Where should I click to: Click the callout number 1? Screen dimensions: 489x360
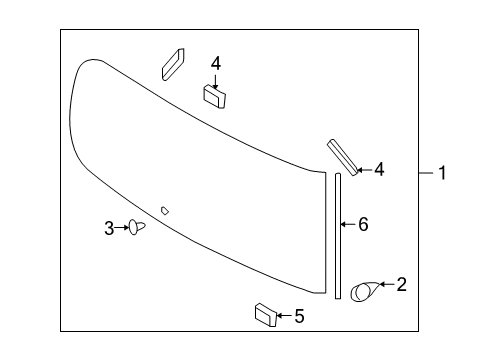pyautogui.click(x=442, y=173)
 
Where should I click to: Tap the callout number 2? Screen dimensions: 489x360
pyautogui.click(x=401, y=284)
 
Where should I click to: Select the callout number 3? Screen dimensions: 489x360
pyautogui.click(x=109, y=228)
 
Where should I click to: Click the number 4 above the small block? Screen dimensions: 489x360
pyautogui.click(x=215, y=62)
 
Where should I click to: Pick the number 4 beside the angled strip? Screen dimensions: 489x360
pyautogui.click(x=379, y=169)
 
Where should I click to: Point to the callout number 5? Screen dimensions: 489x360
pyautogui.click(x=299, y=317)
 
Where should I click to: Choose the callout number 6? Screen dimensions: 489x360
pyautogui.click(x=363, y=225)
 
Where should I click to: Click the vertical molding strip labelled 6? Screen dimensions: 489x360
pyautogui.click(x=339, y=235)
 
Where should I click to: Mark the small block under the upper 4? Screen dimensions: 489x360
pyautogui.click(x=215, y=95)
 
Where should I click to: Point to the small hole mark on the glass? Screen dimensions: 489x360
pyautogui.click(x=165, y=210)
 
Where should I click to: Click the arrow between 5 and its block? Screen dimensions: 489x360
pyautogui.click(x=284, y=317)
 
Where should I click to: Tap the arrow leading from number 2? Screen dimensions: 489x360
pyautogui.click(x=385, y=286)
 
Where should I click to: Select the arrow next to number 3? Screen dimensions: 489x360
pyautogui.click(x=123, y=228)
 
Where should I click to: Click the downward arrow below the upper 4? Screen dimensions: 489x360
pyautogui.click(x=215, y=79)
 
